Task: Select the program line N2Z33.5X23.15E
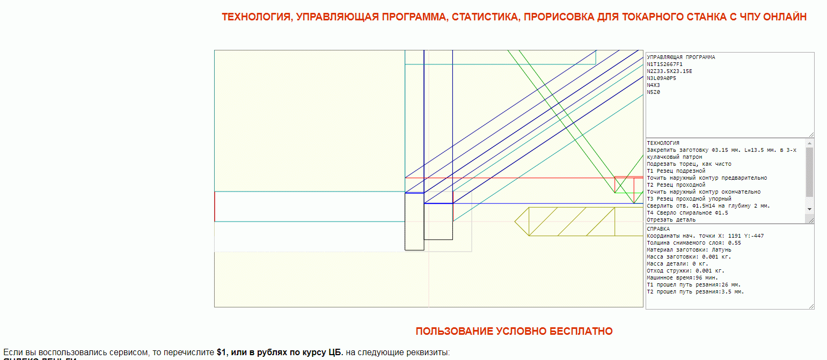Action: (x=669, y=71)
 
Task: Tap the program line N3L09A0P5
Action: (x=661, y=78)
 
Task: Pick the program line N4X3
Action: (x=653, y=85)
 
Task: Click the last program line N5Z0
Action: (x=653, y=92)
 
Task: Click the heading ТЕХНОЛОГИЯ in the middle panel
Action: (x=663, y=143)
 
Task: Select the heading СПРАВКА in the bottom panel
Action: (x=658, y=229)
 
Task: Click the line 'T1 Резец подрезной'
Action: (x=672, y=171)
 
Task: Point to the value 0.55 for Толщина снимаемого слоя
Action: (x=735, y=243)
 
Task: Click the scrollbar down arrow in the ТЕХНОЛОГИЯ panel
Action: (x=810, y=209)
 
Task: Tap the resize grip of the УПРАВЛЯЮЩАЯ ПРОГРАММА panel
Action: (x=811, y=135)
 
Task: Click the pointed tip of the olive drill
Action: (x=516, y=222)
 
